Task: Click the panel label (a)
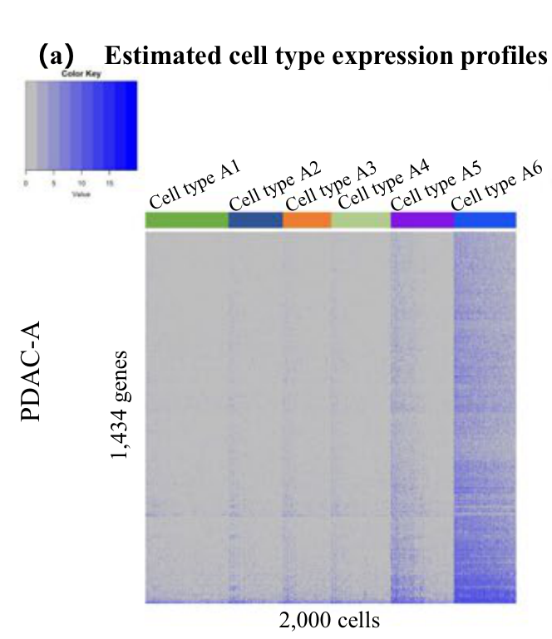(57, 56)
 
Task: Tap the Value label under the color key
(81, 193)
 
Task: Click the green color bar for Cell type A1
(186, 220)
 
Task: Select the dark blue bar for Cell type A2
(255, 220)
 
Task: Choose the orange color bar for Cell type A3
(307, 220)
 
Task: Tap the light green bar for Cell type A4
(361, 220)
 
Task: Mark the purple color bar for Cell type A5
(422, 220)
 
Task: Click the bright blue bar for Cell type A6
(485, 220)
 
